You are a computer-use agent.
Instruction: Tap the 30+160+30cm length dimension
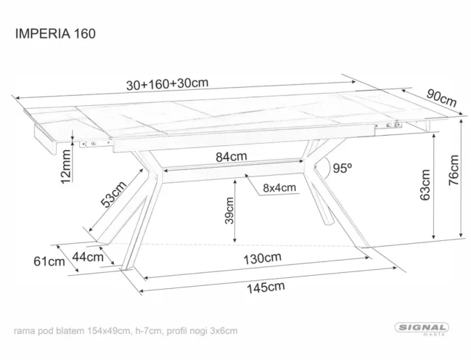click(x=168, y=84)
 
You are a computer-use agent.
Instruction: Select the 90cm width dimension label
click(x=441, y=96)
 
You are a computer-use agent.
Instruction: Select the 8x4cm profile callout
click(x=279, y=188)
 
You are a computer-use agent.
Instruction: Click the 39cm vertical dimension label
click(x=229, y=211)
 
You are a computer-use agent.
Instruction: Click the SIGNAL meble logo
click(x=422, y=330)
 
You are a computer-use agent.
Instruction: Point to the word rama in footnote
click(x=26, y=331)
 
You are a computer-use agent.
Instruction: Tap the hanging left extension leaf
click(x=44, y=138)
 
